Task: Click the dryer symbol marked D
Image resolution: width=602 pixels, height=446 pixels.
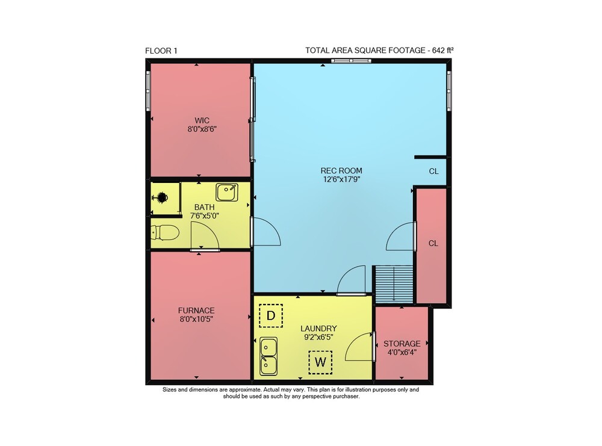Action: point(271,315)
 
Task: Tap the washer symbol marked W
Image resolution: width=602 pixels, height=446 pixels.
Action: point(320,362)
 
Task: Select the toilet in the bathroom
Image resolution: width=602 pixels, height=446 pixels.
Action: point(165,232)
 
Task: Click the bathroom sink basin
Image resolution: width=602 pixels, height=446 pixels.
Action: point(227,192)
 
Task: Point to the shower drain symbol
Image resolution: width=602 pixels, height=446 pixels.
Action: point(161,197)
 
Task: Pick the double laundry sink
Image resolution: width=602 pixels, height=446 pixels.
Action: point(268,356)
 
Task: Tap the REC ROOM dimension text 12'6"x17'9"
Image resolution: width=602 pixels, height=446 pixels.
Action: point(341,179)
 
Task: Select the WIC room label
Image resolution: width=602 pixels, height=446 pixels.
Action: point(202,120)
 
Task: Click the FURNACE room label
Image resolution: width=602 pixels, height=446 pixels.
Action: point(196,311)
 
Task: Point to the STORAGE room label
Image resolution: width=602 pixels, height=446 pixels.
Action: point(402,344)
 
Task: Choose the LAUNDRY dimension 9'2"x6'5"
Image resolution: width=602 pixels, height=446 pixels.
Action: point(318,338)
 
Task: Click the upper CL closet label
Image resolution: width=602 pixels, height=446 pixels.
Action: point(434,171)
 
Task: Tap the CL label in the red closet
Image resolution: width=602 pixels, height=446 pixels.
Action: point(433,243)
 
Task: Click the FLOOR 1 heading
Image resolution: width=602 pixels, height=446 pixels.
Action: point(161,51)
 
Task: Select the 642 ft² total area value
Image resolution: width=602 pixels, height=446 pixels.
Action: point(443,51)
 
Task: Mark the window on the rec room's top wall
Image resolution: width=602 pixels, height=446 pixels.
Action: point(352,60)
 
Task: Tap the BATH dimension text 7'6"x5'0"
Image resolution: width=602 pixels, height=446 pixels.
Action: point(205,215)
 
